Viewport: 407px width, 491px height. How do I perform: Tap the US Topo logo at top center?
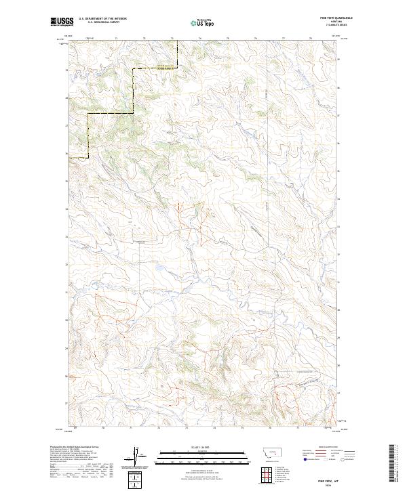click(203, 23)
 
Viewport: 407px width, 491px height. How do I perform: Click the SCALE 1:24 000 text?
click(203, 447)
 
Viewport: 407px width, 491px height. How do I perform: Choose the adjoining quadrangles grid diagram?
click(266, 475)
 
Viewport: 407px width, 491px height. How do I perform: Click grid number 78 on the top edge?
click(310, 39)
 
